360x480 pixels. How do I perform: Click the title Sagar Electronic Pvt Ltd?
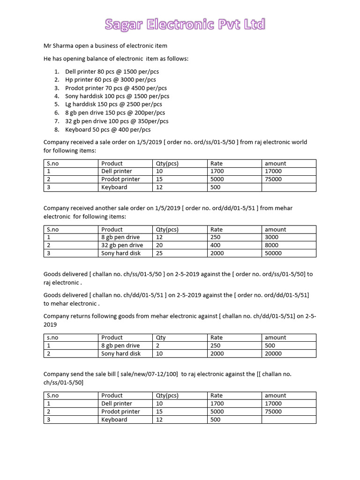tap(185, 24)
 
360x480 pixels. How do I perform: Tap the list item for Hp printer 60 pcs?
tap(110, 80)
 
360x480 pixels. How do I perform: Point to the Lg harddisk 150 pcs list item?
tap(113, 105)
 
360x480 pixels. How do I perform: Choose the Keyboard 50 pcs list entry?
tap(108, 129)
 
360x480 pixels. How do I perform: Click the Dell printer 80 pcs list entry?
tap(112, 72)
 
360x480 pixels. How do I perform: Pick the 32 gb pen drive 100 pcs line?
tap(117, 121)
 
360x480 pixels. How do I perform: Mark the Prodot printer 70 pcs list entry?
tap(116, 88)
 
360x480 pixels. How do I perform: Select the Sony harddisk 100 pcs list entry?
tap(117, 96)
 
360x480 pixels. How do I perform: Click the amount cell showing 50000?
tap(273, 253)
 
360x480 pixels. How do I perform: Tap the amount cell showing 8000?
tap(271, 245)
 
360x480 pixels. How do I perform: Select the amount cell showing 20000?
tap(273, 353)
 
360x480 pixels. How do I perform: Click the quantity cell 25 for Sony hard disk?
tap(159, 253)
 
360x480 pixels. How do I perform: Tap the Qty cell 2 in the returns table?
tap(157, 345)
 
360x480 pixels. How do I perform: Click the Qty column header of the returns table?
tap(160, 337)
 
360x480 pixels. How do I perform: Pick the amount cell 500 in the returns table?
tap(270, 345)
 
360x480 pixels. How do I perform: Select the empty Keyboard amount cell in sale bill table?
tap(289, 420)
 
